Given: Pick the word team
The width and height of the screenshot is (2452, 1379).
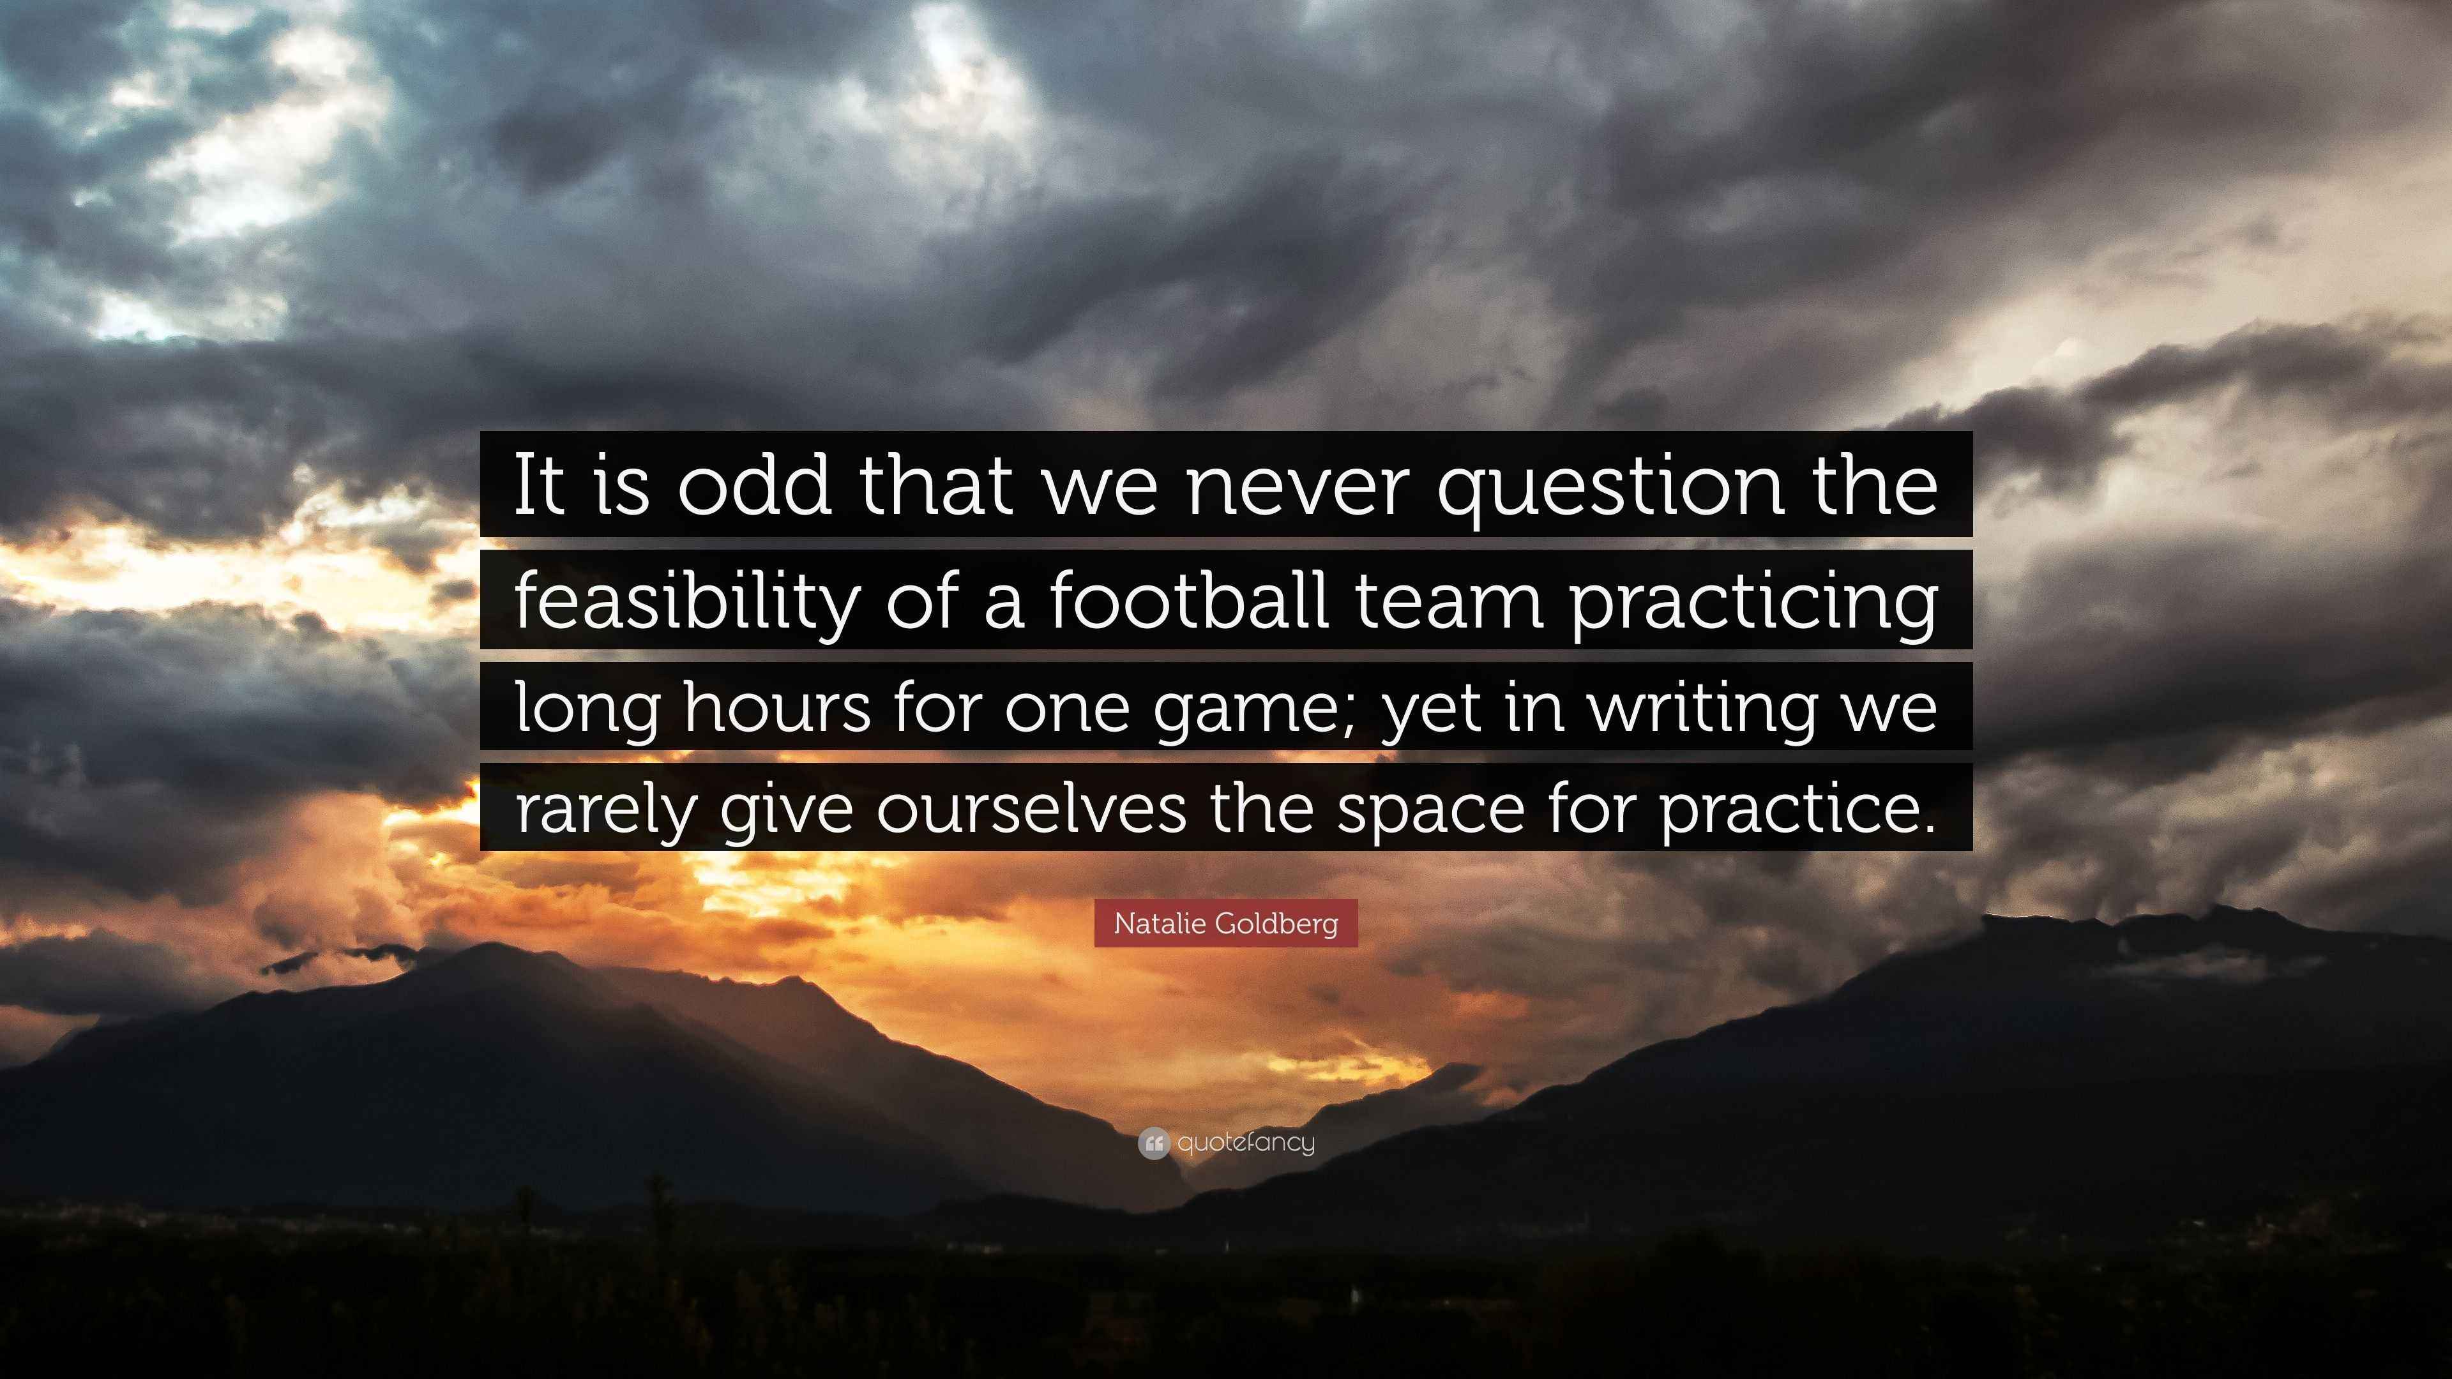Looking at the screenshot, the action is pos(1447,601).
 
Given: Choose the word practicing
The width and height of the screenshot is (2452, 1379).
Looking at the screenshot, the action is pos(1752,605).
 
